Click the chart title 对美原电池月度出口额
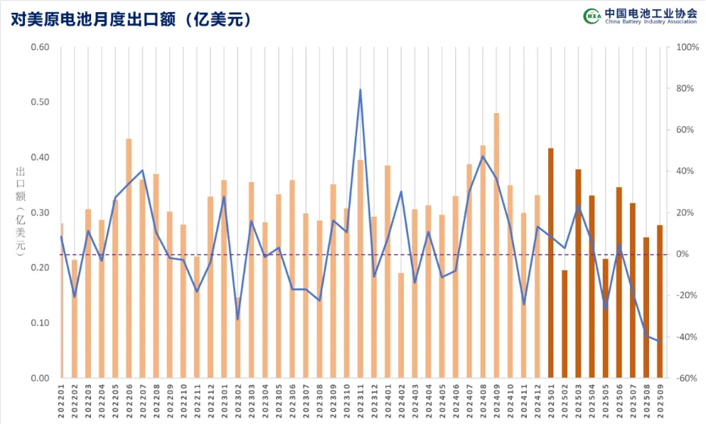click(132, 19)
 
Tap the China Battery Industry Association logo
click(639, 16)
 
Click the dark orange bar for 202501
click(551, 263)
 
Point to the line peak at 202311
click(360, 90)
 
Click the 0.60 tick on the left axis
click(40, 48)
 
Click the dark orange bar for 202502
click(565, 324)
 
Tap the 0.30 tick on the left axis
click(40, 213)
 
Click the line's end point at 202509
click(660, 341)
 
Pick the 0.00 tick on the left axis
click(40, 378)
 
